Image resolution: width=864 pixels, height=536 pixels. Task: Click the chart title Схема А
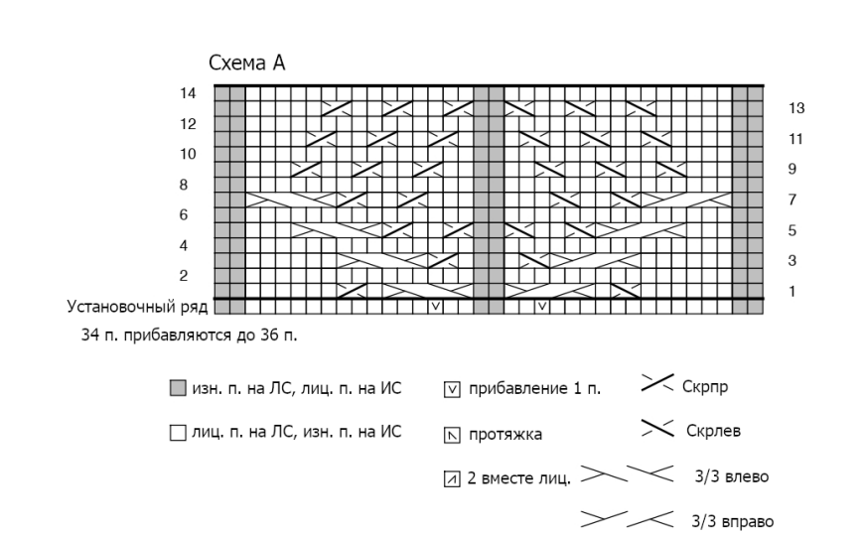247,64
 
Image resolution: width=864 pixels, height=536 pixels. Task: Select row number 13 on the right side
795,108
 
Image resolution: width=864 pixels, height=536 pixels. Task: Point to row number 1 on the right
792,291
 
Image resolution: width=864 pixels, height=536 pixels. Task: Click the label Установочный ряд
137,306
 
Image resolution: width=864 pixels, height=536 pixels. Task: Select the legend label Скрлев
711,432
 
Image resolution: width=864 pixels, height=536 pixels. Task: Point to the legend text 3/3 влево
732,477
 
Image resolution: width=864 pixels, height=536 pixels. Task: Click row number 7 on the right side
792,200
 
